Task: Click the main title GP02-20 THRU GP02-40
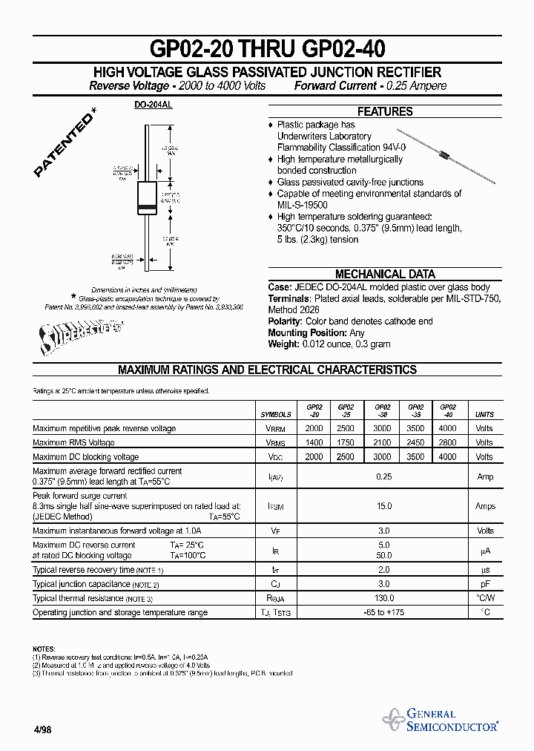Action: [267, 49]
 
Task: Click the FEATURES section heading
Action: [385, 111]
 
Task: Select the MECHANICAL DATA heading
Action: [385, 274]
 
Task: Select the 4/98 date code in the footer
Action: [42, 729]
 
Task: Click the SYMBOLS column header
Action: [276, 415]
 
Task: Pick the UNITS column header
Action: [484, 415]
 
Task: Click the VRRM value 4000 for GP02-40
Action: [447, 429]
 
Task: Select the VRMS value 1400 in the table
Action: [314, 443]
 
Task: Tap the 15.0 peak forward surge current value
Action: [383, 506]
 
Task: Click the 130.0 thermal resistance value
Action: [383, 598]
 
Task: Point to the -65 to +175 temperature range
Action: [383, 612]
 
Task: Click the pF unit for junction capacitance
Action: [484, 584]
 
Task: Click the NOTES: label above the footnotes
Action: [44, 649]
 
